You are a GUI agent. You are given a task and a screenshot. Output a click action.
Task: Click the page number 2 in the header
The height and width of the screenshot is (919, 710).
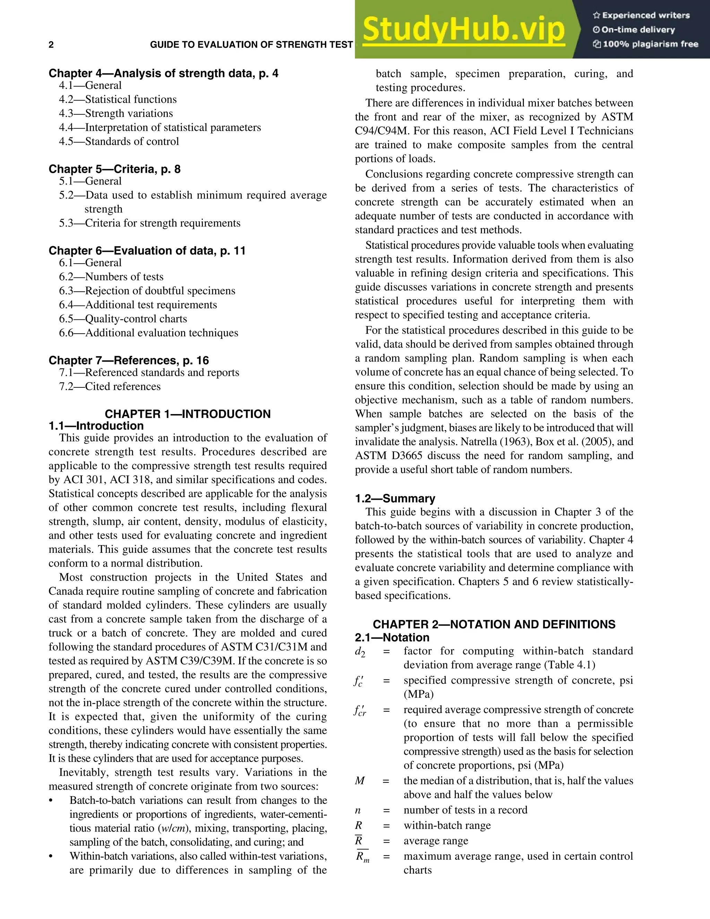[x=51, y=45]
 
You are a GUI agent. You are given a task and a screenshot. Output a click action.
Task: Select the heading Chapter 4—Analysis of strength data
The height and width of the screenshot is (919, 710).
[x=163, y=74]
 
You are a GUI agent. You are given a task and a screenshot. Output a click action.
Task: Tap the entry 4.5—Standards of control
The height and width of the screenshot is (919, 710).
[x=119, y=141]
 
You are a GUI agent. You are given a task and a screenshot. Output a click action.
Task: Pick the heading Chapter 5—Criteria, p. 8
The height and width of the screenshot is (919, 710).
[x=114, y=169]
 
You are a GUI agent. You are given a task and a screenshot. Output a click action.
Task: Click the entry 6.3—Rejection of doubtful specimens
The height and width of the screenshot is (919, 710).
[x=147, y=291]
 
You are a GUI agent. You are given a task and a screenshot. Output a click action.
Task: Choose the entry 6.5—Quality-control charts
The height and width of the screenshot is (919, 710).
[x=123, y=319]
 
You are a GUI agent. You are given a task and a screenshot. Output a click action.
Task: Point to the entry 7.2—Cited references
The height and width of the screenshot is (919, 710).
[x=110, y=387]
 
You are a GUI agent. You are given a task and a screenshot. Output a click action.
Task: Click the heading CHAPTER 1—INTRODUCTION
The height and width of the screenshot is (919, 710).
[x=188, y=414]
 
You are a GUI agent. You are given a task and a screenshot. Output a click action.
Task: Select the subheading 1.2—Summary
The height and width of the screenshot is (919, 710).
[x=395, y=499]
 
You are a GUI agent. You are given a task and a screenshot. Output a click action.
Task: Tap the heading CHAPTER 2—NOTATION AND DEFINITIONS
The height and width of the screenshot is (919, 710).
[x=494, y=625]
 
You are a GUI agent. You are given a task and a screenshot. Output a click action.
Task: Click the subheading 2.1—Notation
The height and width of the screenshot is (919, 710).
[x=392, y=637]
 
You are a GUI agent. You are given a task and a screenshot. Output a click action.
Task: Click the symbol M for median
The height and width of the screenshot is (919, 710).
[x=360, y=781]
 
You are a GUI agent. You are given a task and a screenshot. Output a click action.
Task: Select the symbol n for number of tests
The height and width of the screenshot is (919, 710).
[x=358, y=810]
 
